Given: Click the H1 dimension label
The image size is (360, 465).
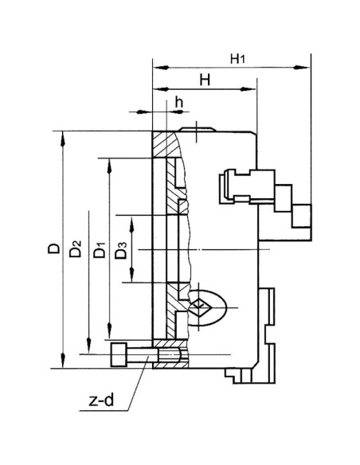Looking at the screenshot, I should pyautogui.click(x=237, y=58).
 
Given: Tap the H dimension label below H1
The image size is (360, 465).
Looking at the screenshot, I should pyautogui.click(x=203, y=80).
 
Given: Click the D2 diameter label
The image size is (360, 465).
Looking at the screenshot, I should pyautogui.click(x=75, y=250).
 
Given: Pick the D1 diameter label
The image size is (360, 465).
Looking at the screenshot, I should pyautogui.click(x=98, y=250).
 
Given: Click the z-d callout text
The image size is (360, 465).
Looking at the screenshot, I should pyautogui.click(x=99, y=402).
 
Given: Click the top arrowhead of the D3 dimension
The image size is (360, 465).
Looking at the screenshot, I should pyautogui.click(x=131, y=218).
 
